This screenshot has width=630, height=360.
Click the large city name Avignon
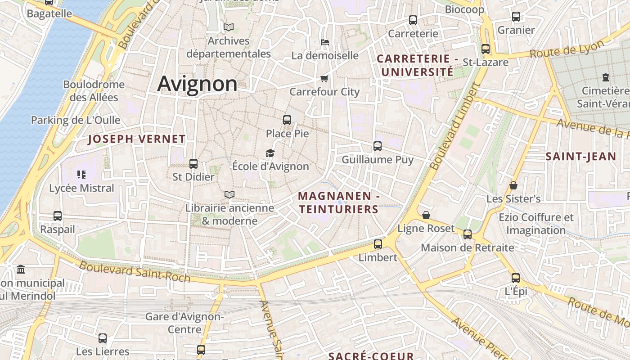[197, 84]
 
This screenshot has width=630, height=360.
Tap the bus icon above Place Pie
[287, 120]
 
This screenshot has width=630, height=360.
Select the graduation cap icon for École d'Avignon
[270, 153]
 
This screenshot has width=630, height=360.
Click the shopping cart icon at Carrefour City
[324, 79]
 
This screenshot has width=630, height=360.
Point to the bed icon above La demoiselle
[325, 42]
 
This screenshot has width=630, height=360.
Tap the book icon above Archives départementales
[229, 27]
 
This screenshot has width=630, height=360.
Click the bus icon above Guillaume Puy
[378, 146]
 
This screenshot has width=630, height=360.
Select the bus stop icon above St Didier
[193, 164]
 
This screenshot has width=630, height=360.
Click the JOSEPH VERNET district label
[136, 139]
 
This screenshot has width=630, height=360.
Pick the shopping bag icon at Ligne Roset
[426, 215]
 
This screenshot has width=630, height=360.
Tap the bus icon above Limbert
[378, 244]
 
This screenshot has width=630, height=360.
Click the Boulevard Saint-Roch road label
[135, 272]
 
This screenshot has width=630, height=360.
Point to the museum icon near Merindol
[21, 270]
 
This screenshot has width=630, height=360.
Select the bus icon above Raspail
[58, 216]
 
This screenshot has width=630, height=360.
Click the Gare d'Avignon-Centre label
[184, 323]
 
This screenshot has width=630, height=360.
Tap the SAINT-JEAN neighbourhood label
[580, 157]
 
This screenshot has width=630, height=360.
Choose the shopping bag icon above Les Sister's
[513, 185]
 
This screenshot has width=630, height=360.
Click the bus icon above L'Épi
[516, 278]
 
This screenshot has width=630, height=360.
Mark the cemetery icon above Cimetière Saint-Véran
[606, 77]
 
